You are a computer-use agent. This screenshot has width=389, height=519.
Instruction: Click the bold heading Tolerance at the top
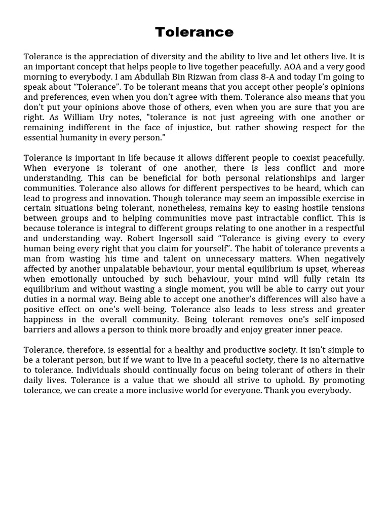point(194,32)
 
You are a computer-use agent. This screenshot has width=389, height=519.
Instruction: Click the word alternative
point(339,360)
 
